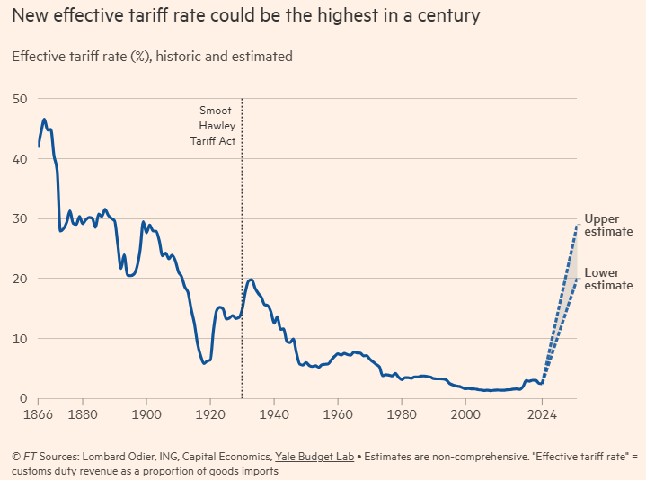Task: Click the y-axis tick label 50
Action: (x=20, y=98)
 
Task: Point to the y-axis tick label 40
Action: (x=20, y=158)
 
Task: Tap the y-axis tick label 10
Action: (x=20, y=338)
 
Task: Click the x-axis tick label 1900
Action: (x=146, y=414)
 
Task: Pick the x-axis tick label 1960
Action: (x=337, y=414)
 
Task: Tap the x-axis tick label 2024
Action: (x=541, y=414)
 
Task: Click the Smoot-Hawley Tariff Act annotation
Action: (x=217, y=126)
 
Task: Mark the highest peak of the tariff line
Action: (x=43, y=119)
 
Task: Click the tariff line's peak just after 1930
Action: (x=251, y=280)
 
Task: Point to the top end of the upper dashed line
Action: (x=575, y=225)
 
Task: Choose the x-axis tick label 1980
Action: (x=401, y=414)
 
